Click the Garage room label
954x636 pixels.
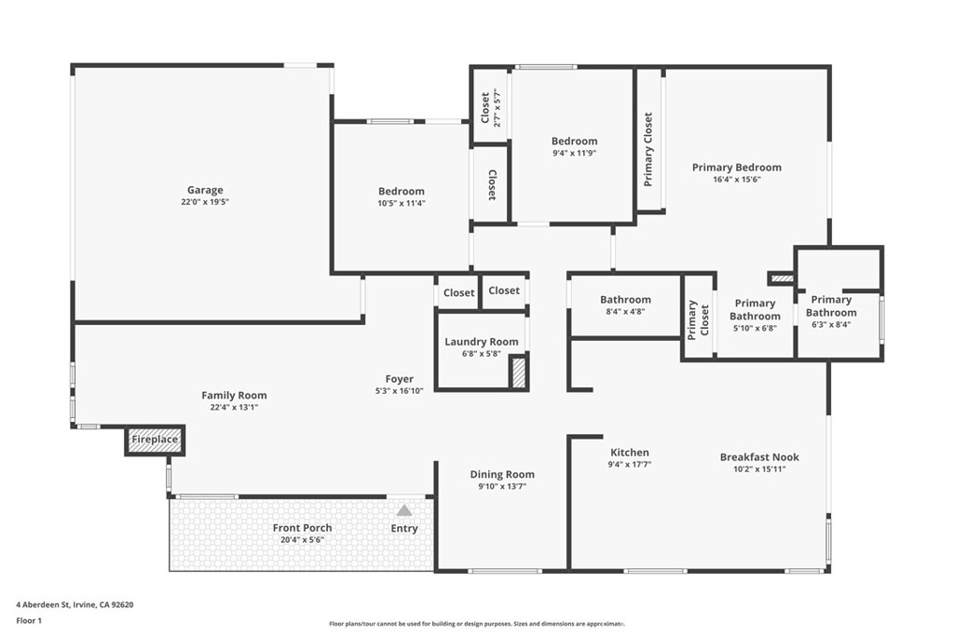pos(205,190)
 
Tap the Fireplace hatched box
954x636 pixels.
pos(155,440)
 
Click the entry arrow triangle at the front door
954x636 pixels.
pos(404,510)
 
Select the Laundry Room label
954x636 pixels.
pos(482,342)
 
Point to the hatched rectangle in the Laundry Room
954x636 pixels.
pos(519,372)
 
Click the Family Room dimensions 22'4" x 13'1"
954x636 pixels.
pos(234,407)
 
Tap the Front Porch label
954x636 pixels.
pos(302,528)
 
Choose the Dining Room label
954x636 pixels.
pos(501,474)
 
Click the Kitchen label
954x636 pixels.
pos(630,453)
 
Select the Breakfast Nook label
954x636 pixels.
pos(759,457)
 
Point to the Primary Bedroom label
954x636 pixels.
pos(736,168)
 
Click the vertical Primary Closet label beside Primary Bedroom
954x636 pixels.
pos(648,149)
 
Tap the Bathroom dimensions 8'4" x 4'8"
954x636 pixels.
pos(625,312)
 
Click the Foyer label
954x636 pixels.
pos(400,379)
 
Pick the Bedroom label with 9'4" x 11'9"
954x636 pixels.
pos(574,142)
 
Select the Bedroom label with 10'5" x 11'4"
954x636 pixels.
pos(401,191)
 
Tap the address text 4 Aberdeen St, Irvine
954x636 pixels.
pos(75,604)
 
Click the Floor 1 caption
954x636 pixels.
pos(31,619)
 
